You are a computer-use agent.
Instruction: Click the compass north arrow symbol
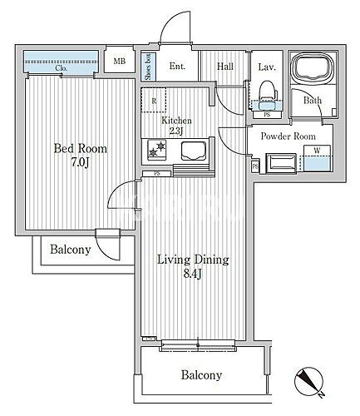(x=309, y=382)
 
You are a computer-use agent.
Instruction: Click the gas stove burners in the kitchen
(x=157, y=150)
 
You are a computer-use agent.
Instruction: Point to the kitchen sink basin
(x=194, y=151)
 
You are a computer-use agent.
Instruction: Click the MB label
(x=120, y=61)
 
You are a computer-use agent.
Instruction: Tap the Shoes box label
(x=148, y=67)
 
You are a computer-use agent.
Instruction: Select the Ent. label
(x=177, y=66)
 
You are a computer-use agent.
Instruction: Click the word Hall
(x=225, y=66)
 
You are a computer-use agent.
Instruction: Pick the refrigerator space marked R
(x=154, y=100)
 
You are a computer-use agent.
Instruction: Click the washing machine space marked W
(x=318, y=158)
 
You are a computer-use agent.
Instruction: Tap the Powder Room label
(x=288, y=136)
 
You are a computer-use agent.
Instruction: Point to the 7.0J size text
(x=81, y=162)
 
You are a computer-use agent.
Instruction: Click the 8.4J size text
(x=193, y=274)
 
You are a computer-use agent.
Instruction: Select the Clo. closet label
(x=61, y=68)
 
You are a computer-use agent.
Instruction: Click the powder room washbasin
(x=281, y=163)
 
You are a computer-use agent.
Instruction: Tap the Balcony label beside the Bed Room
(x=71, y=250)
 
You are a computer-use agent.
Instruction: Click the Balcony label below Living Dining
(x=201, y=375)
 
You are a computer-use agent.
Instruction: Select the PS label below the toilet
(x=267, y=115)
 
